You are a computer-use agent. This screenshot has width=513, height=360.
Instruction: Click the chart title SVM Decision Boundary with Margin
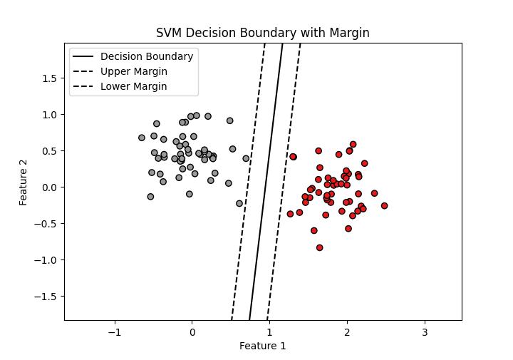(262, 34)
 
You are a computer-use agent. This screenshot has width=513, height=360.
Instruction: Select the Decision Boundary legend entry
(146, 56)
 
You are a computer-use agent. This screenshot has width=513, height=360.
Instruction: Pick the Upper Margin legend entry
(133, 71)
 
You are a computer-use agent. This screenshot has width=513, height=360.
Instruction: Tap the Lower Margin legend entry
(133, 86)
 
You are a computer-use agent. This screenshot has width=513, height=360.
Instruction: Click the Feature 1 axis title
(262, 346)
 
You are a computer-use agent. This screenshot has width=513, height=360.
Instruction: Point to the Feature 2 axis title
(24, 182)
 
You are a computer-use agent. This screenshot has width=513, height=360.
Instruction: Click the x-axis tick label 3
(425, 332)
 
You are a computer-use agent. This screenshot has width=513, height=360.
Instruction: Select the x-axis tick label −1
(114, 332)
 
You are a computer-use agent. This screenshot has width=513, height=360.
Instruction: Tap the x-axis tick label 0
(192, 332)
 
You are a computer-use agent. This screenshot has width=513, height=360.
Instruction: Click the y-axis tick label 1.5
(50, 78)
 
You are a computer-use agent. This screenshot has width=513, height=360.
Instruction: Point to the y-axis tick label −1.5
(47, 296)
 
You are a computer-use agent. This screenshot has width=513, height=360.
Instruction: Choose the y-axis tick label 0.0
(50, 187)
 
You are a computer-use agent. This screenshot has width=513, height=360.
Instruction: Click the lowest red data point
(319, 248)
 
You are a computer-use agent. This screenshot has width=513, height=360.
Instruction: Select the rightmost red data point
(384, 206)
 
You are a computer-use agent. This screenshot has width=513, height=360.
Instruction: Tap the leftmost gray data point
(142, 138)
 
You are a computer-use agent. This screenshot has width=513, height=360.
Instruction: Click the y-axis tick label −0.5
(47, 223)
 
